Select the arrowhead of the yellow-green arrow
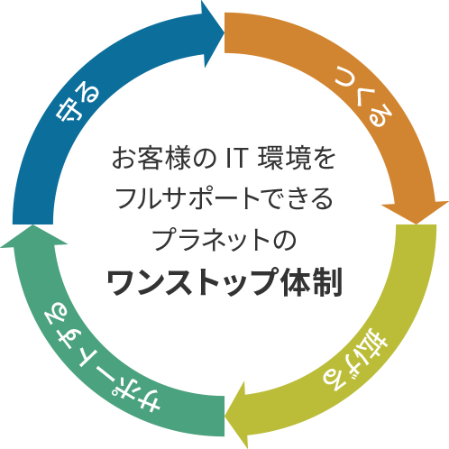pos(236,416)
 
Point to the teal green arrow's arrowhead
pos(33,236)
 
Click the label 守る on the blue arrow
pos(78,104)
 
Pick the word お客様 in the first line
pos(151,158)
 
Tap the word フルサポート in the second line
pos(187,199)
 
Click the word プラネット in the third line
pos(212,240)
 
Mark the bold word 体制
pos(311,282)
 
